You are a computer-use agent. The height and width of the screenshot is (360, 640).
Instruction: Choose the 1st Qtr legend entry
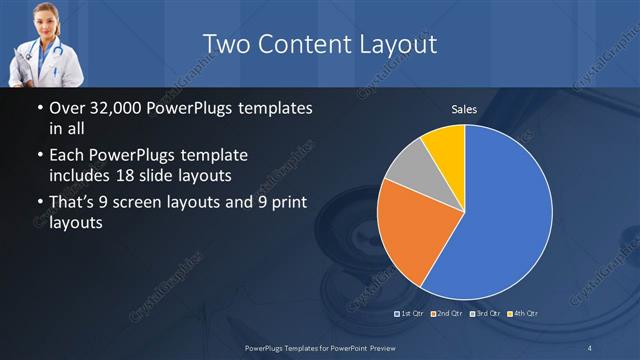[x=411, y=314]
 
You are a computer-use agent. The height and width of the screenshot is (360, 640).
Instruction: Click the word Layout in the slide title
[x=398, y=44]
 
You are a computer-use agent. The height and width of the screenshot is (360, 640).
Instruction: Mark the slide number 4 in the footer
[x=591, y=347]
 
